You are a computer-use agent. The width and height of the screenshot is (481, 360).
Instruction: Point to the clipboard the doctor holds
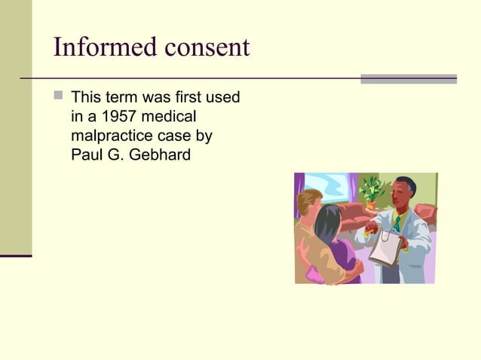point(385,248)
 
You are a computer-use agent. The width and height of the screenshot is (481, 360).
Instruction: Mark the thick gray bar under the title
point(408,78)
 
